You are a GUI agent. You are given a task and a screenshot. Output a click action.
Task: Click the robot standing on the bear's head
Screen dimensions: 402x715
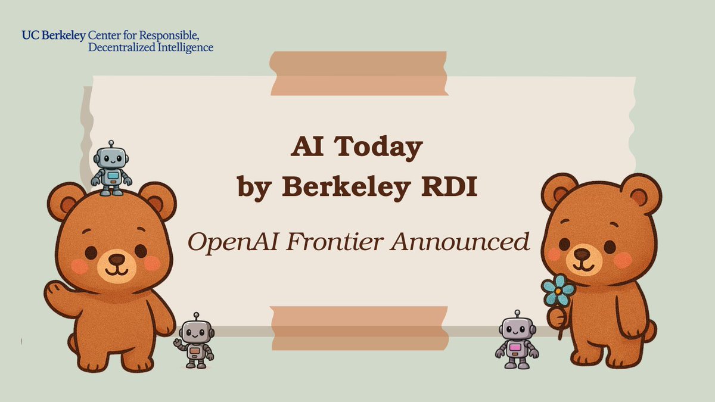(x=111, y=168)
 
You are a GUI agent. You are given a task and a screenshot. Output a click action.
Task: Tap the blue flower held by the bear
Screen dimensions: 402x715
(x=558, y=291)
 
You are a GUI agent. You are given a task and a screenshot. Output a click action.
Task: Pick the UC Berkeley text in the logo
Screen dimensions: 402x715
(x=53, y=36)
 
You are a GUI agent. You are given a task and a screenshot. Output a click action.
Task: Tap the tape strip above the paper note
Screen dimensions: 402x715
(x=358, y=73)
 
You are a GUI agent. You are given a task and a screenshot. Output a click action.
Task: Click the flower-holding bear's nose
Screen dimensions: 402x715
(x=581, y=254)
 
